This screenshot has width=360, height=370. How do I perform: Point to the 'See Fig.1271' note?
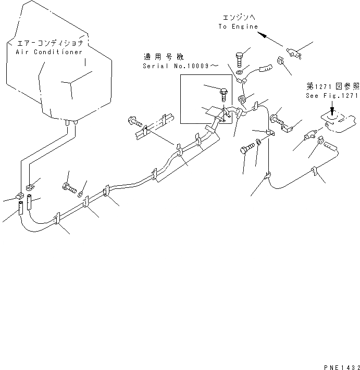coord(331,96)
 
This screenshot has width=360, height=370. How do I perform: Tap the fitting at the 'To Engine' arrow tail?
coord(293,53)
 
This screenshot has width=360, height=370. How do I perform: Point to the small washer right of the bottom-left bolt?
coord(82,194)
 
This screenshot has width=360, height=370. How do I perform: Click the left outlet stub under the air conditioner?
coord(68,123)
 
